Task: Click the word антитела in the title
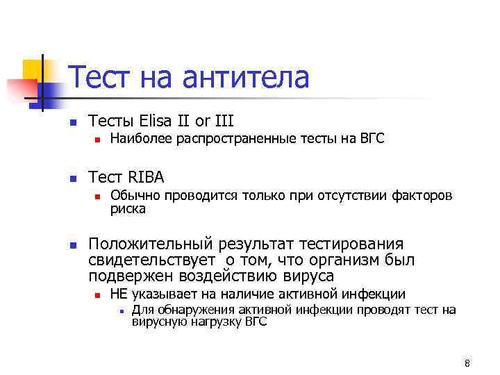tap(245, 78)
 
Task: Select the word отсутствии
tap(353, 196)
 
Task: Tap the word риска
tap(128, 208)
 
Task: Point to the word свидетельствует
tap(151, 260)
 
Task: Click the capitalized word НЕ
tap(119, 294)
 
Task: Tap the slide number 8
tap(467, 364)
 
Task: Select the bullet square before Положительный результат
tap(72, 245)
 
